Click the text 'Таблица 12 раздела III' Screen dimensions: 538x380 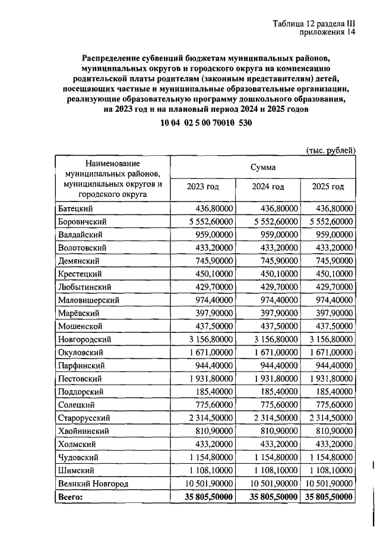313,23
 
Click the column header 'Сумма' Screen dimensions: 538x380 262,168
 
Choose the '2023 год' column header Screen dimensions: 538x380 202,187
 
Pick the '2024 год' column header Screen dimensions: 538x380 268,187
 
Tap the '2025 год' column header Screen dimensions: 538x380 328,187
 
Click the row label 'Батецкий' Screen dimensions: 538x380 77,209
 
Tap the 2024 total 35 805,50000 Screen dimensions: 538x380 267,496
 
